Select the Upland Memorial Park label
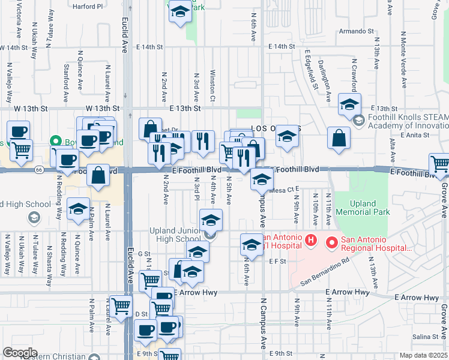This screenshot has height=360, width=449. [x=362, y=208]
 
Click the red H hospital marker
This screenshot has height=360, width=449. [x=311, y=241]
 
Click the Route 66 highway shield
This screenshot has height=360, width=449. [x=38, y=170]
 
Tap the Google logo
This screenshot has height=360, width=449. [x=20, y=353]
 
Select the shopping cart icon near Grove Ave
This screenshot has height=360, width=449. [x=440, y=164]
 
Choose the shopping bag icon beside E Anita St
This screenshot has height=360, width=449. [x=339, y=137]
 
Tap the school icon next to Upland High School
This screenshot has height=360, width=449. [x=78, y=209]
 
